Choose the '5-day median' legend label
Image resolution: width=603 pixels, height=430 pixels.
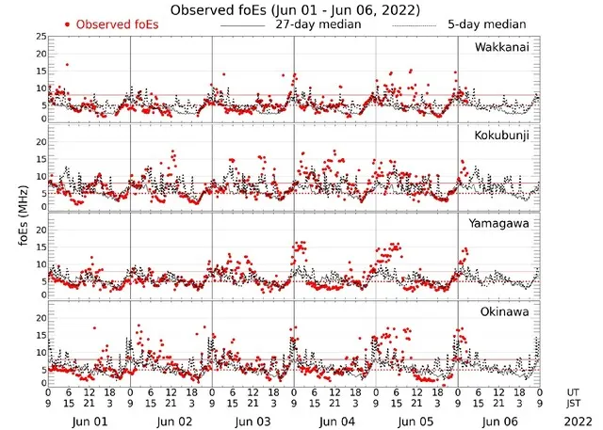(500, 24)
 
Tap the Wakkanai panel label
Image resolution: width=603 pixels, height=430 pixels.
(502, 47)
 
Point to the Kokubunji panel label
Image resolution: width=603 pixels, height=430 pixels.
(502, 135)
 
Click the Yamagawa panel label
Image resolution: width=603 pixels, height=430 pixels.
(502, 223)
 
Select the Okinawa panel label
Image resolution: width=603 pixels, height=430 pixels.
(505, 311)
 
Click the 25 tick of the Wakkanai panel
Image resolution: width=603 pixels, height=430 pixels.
(40, 36)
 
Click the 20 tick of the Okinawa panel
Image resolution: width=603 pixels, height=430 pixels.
(40, 317)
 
